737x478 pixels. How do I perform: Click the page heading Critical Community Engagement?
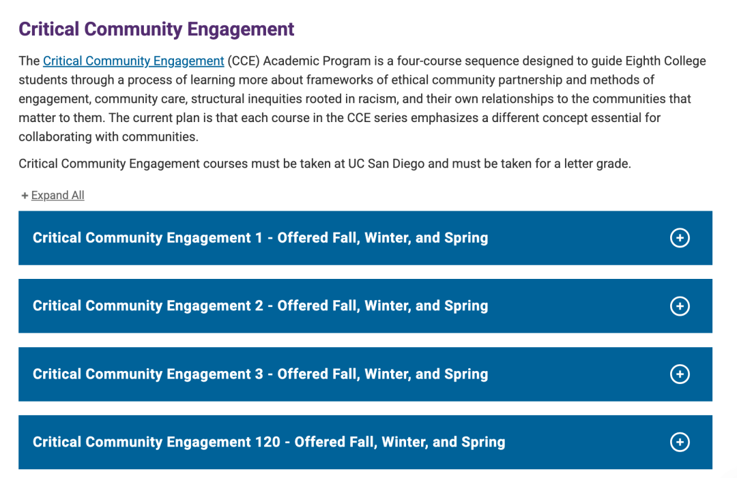tap(156, 29)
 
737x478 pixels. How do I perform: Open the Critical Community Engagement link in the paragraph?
tap(134, 61)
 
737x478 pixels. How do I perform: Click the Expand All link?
tap(58, 195)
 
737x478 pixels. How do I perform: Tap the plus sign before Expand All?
tap(25, 195)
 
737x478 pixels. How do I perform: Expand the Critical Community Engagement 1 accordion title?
tap(261, 237)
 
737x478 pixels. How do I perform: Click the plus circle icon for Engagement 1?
tap(680, 237)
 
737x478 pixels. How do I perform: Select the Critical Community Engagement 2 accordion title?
tap(261, 305)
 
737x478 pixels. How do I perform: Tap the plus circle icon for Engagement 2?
tap(680, 306)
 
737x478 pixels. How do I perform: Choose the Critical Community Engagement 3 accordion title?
tap(261, 374)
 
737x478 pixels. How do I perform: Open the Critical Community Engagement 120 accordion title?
tap(269, 442)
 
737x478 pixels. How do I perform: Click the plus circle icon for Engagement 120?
tap(680, 442)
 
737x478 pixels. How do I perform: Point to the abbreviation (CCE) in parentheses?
tap(244, 61)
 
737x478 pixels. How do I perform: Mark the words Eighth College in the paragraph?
tap(665, 61)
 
